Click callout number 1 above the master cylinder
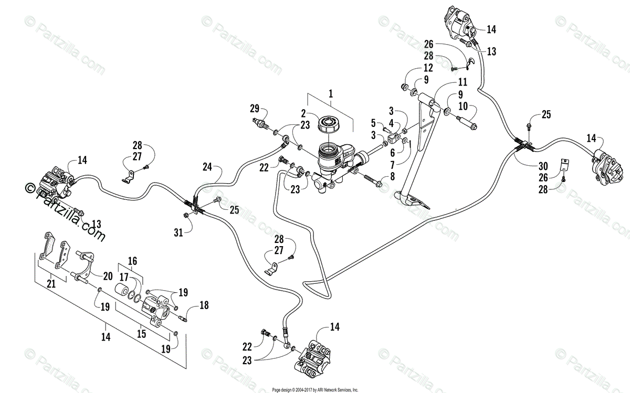pos(331,95)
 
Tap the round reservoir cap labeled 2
pos(329,125)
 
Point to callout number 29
pos(255,109)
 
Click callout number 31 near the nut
pos(179,232)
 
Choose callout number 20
pos(107,277)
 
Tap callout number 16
pos(131,260)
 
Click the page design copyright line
pos(315,389)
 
